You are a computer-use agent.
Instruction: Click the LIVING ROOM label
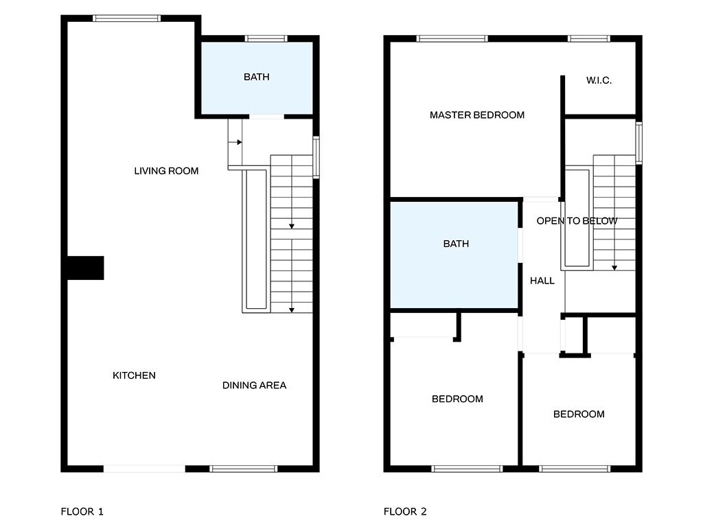pyautogui.click(x=166, y=171)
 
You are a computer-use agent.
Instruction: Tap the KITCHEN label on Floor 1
pyautogui.click(x=134, y=375)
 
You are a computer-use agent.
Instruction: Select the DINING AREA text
pyautogui.click(x=254, y=386)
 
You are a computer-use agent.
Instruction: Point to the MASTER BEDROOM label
pyautogui.click(x=477, y=115)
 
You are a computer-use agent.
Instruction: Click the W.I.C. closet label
pyautogui.click(x=599, y=81)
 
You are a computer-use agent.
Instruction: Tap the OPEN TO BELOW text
pyautogui.click(x=577, y=221)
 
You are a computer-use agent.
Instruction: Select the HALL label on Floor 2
pyautogui.click(x=542, y=281)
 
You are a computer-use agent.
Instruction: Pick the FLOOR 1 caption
pyautogui.click(x=82, y=511)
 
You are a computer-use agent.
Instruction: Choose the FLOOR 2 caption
pyautogui.click(x=405, y=511)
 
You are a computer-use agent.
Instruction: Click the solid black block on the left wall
pyautogui.click(x=86, y=268)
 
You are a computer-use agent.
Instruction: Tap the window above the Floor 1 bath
pyautogui.click(x=266, y=38)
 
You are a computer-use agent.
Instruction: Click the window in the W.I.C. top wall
pyautogui.click(x=588, y=38)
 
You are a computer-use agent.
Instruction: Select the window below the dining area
pyautogui.click(x=244, y=469)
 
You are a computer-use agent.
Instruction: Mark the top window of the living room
pyautogui.click(x=127, y=19)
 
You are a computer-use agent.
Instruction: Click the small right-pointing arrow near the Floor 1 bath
pyautogui.click(x=235, y=142)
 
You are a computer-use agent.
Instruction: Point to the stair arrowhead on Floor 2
pyautogui.click(x=614, y=268)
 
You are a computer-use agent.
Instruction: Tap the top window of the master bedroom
pyautogui.click(x=452, y=38)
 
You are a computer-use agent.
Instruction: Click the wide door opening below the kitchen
pyautogui.click(x=144, y=469)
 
